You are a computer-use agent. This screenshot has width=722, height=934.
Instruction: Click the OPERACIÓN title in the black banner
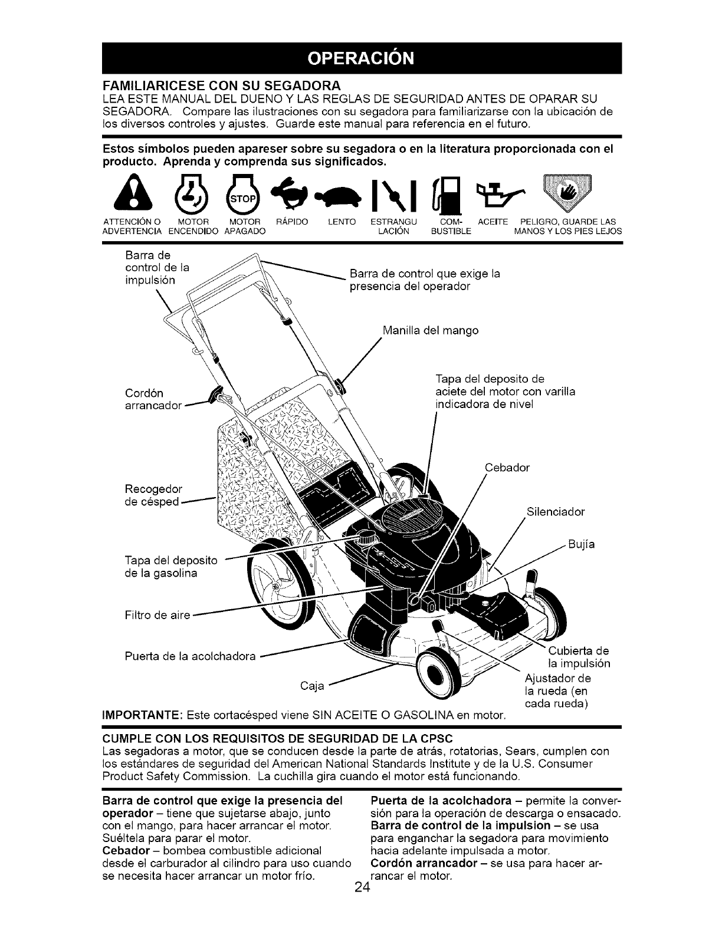360,58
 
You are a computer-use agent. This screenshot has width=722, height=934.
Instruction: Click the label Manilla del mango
430,330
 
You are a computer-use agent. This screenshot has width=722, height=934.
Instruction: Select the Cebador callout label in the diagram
507,468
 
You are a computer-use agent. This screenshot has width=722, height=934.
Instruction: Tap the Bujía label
581,544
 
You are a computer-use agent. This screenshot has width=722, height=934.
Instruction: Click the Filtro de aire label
157,616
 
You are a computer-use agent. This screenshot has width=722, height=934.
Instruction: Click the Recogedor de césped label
154,495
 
